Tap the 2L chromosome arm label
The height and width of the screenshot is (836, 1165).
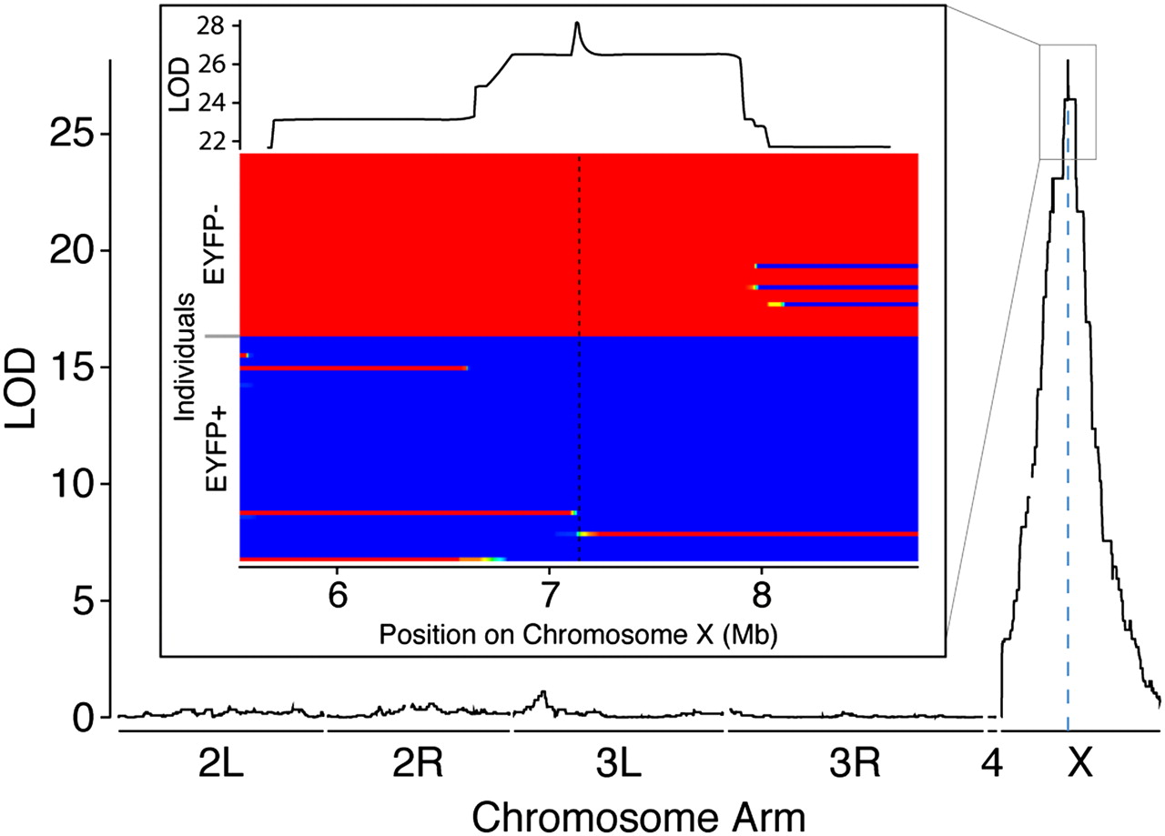click(221, 766)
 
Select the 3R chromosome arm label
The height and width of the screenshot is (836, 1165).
click(855, 766)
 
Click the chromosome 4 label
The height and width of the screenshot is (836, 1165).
click(991, 766)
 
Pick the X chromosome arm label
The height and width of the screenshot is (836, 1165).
click(1079, 766)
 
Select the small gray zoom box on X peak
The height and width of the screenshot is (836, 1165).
click(1068, 101)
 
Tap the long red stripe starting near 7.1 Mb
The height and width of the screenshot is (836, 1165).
click(746, 534)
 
